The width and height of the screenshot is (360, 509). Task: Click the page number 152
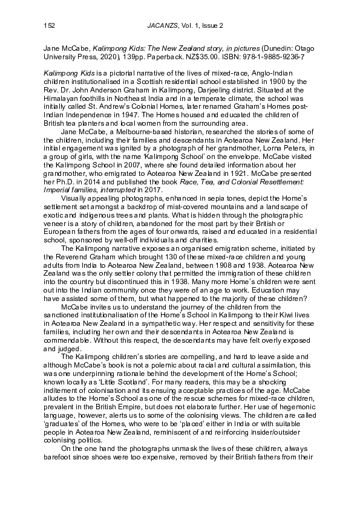click(x=50, y=25)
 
